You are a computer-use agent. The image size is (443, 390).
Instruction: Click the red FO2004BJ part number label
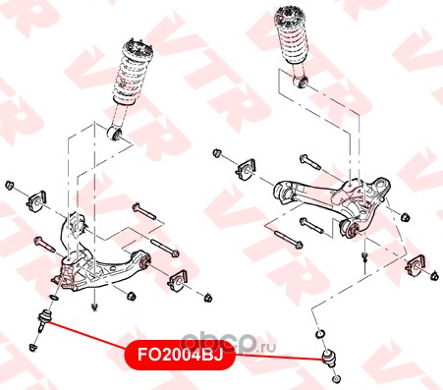click(180, 355)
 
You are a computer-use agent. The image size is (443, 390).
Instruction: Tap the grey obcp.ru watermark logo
click(228, 344)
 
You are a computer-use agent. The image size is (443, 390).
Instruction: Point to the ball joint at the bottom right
click(329, 359)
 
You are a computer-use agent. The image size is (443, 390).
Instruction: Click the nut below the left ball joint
click(32, 347)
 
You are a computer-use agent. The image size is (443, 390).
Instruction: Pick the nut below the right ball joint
click(336, 379)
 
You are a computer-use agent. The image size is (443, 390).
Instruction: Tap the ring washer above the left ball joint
click(54, 298)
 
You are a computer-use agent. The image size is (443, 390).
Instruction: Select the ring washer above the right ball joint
click(320, 334)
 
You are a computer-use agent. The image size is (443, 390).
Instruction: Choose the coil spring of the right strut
click(291, 37)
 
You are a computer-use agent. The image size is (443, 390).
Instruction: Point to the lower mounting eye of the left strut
click(115, 133)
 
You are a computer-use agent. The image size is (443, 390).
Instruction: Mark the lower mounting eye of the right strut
click(301, 82)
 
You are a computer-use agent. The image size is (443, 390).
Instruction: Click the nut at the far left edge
click(9, 185)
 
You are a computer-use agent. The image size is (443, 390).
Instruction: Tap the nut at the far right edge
click(434, 276)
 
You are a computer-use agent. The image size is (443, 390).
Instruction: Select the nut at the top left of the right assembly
click(217, 153)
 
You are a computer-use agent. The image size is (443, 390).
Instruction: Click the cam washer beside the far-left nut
click(36, 201)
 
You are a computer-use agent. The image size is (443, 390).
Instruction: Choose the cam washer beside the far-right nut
click(415, 265)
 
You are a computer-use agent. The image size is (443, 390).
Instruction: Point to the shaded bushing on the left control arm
click(144, 261)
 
